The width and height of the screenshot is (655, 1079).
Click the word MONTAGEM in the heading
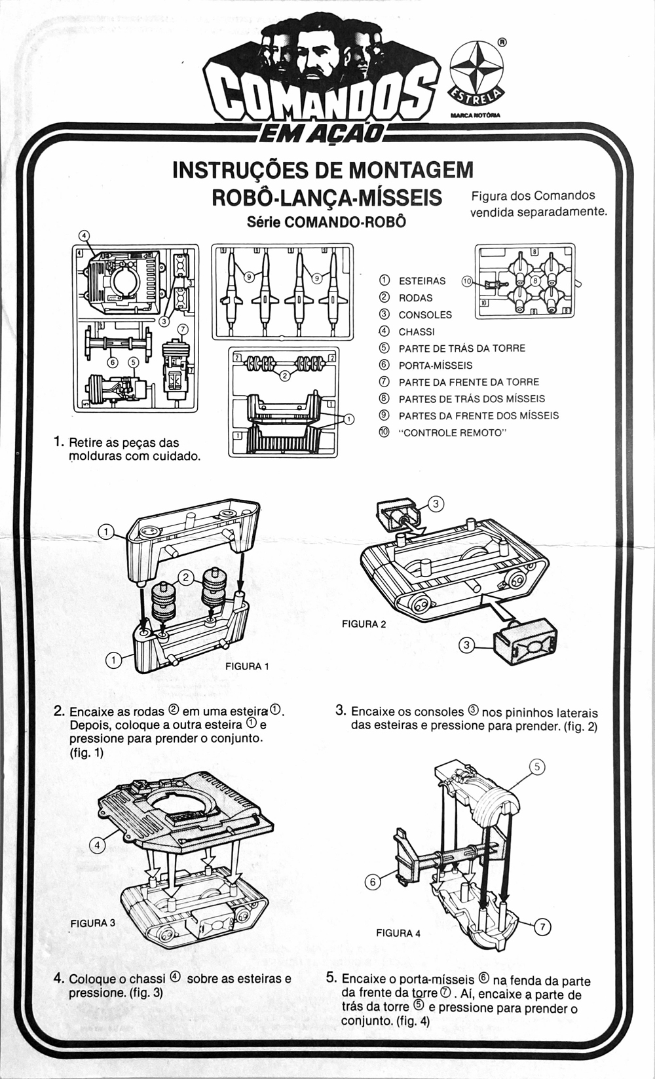click(x=411, y=170)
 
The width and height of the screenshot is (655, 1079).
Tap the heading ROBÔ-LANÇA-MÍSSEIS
click(x=327, y=197)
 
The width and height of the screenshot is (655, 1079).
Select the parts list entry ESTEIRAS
click(x=422, y=281)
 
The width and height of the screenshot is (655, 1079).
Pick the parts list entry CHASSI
click(x=417, y=331)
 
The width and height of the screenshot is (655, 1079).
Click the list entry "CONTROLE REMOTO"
click(x=453, y=432)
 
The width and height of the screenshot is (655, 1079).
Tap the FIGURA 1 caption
click(x=247, y=666)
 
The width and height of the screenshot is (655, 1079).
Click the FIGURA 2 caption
click(x=364, y=624)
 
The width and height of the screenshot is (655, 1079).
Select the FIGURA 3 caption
click(x=93, y=922)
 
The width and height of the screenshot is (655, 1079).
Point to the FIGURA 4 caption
click(x=398, y=933)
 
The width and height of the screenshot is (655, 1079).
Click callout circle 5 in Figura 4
click(x=536, y=767)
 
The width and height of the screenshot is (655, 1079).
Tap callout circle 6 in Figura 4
click(x=373, y=882)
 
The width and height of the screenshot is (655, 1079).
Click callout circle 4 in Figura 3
click(x=97, y=845)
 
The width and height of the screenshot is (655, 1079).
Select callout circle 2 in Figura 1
click(x=186, y=577)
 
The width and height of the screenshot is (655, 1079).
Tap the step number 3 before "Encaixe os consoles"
click(x=340, y=710)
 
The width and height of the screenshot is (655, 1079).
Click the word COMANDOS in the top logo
click(x=321, y=97)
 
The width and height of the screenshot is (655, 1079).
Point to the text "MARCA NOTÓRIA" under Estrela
click(x=476, y=115)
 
